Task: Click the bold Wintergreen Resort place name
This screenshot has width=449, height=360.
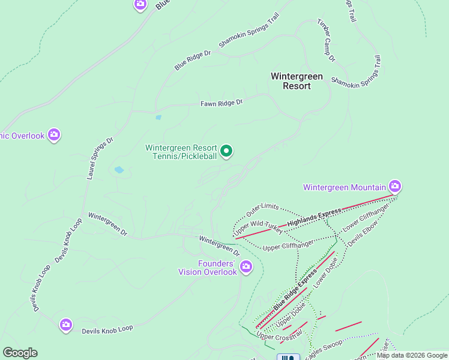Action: (297, 81)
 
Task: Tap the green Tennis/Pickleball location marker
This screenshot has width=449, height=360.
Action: (226, 151)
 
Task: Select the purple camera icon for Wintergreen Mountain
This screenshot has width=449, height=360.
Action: (394, 186)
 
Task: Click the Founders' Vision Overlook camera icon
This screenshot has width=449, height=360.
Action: (246, 266)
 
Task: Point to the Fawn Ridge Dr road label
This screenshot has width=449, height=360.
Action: (221, 103)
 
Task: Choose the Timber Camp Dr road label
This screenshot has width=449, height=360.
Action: (326, 40)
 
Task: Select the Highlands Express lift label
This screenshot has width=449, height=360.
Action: (314, 217)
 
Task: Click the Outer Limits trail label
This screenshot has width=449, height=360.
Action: (262, 210)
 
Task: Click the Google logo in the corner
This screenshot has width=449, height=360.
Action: (20, 353)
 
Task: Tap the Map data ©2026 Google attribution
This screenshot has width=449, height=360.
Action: (412, 355)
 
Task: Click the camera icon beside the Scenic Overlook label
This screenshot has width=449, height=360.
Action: (54, 134)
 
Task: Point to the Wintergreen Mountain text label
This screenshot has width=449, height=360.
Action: (343, 187)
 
